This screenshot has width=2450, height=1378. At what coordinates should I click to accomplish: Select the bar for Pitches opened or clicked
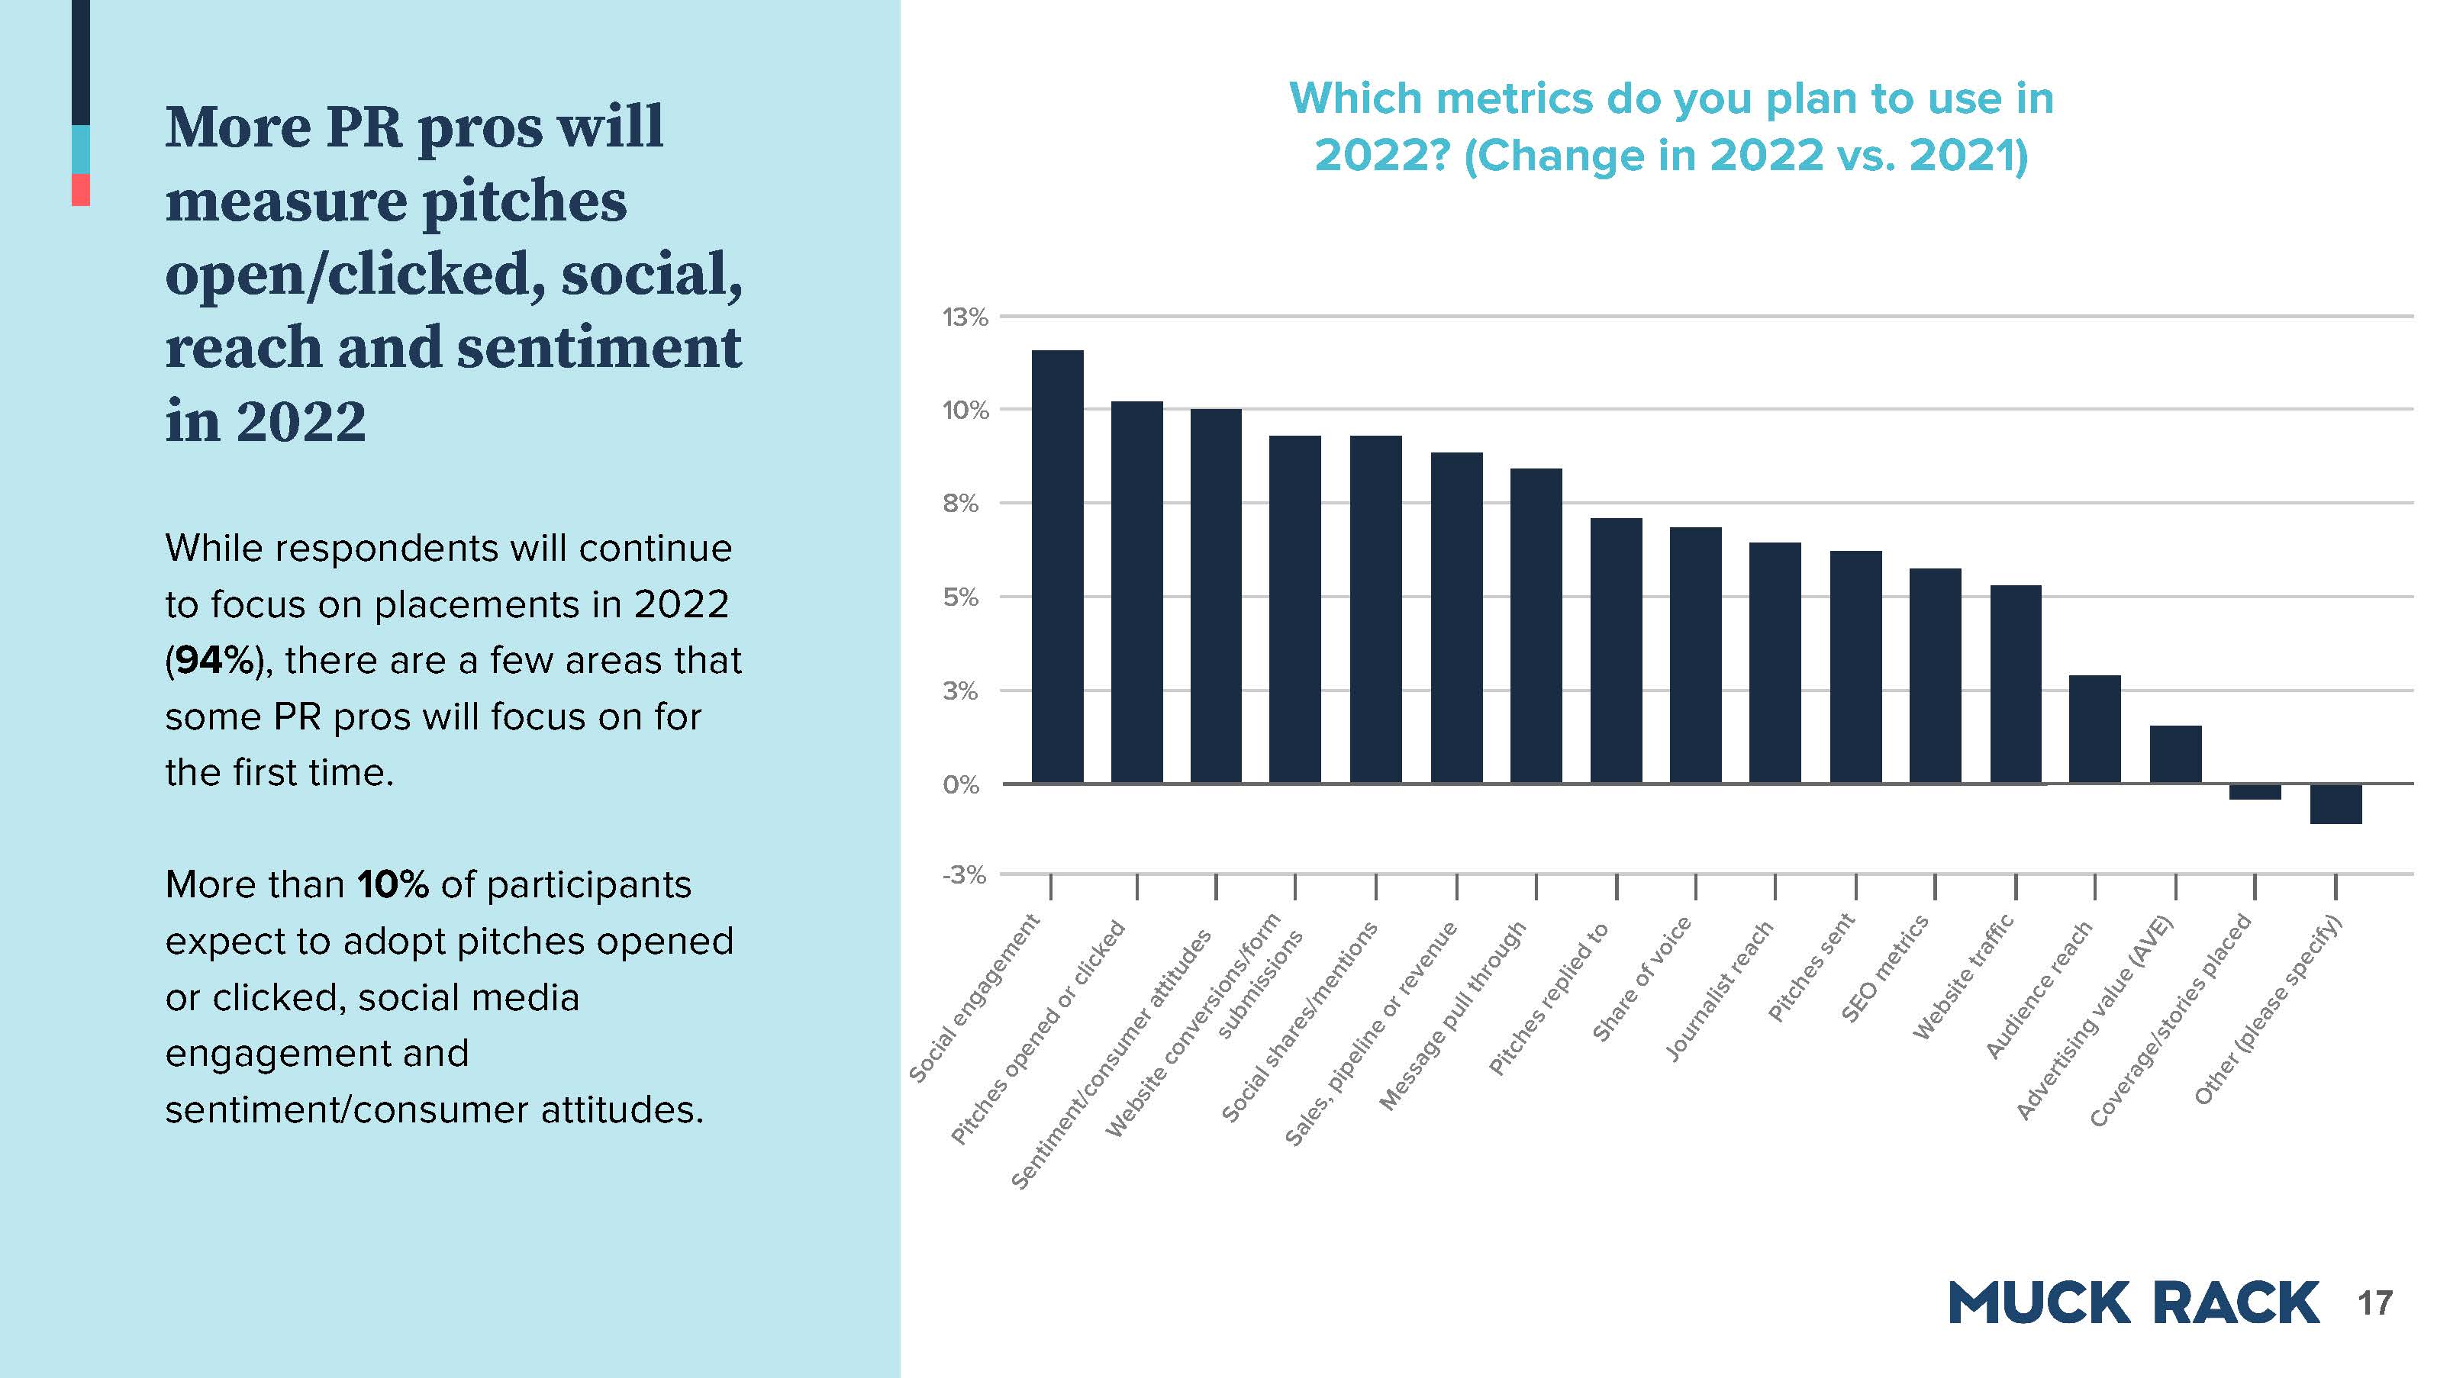1136,592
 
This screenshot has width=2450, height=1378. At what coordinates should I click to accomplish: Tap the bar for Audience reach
2094,729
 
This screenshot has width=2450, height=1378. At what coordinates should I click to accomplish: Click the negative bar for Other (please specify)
2336,803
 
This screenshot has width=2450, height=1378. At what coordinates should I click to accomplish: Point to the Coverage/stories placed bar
2255,791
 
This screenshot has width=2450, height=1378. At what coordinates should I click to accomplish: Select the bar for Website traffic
2016,684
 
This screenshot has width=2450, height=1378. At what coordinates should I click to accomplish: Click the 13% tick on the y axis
965,317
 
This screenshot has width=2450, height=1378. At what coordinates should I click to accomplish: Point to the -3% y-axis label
963,875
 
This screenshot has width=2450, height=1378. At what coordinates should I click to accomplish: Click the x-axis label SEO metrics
1885,968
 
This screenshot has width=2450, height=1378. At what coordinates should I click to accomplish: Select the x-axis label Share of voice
1642,980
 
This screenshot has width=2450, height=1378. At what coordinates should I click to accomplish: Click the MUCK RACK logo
2133,1303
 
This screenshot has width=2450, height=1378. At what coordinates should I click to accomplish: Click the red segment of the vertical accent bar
81,189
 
